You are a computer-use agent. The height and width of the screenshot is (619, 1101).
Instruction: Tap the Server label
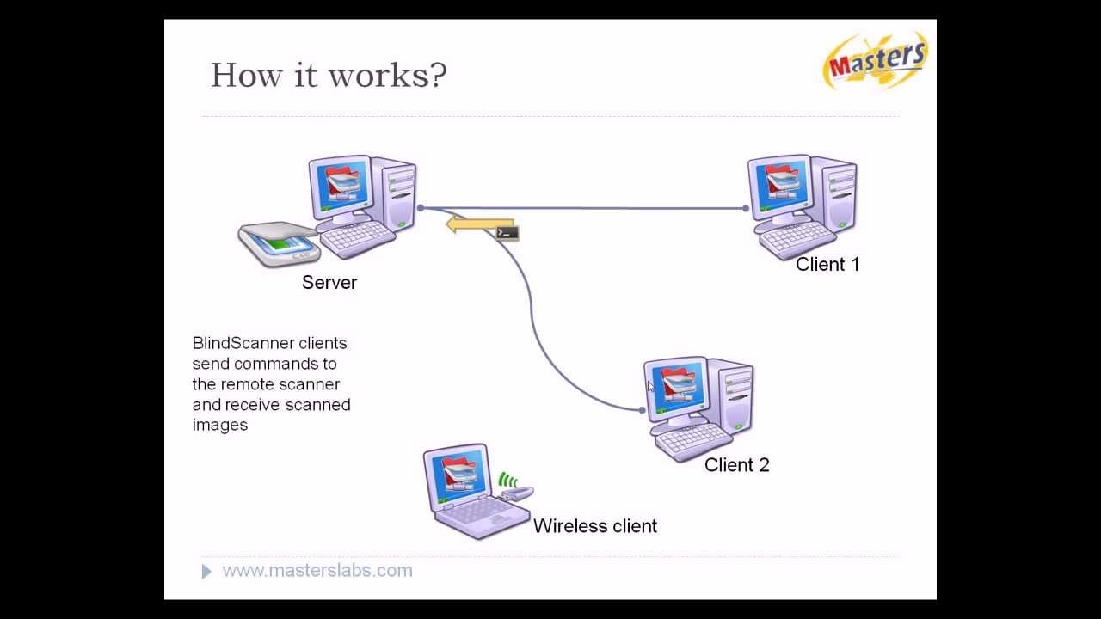coord(329,283)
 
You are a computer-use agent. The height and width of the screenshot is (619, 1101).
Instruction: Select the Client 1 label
coord(827,265)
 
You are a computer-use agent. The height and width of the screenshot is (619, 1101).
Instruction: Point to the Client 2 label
coord(736,465)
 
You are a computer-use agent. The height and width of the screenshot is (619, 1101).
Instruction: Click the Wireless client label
coord(594,526)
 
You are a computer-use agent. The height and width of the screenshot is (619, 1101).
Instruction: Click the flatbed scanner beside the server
coord(277,243)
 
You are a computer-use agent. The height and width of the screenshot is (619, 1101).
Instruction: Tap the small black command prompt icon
coord(507,232)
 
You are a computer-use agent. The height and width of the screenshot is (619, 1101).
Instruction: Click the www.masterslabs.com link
coord(317,571)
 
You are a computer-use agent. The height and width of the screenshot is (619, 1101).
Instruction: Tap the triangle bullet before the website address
coord(206,572)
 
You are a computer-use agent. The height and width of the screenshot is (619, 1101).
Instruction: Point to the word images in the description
coord(219,425)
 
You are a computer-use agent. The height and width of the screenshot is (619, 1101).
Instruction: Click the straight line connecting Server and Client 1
coord(602,208)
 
